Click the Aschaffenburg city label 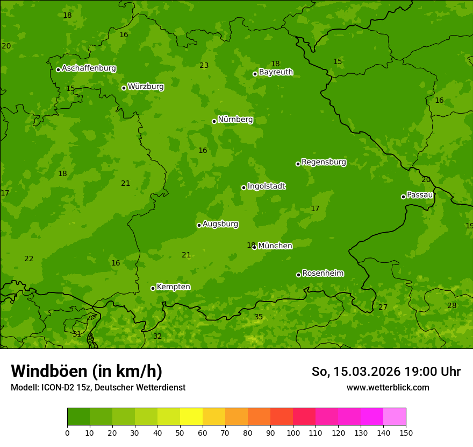click(89, 68)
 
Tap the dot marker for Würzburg click(124, 88)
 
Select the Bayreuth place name click(276, 72)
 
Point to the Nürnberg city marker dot click(214, 121)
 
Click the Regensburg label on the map click(324, 162)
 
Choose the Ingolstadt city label click(266, 186)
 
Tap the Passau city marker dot click(403, 197)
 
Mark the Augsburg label click(220, 224)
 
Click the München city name click(275, 246)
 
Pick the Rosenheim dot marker click(298, 275)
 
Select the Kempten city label click(173, 287)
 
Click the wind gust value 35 click(259, 317)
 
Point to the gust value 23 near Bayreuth click(204, 66)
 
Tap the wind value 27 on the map click(383, 308)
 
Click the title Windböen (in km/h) click(87, 371)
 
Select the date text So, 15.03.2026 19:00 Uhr click(386, 372)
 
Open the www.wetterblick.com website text click(388, 387)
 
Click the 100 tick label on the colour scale click(293, 433)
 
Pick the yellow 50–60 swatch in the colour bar click(191, 417)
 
